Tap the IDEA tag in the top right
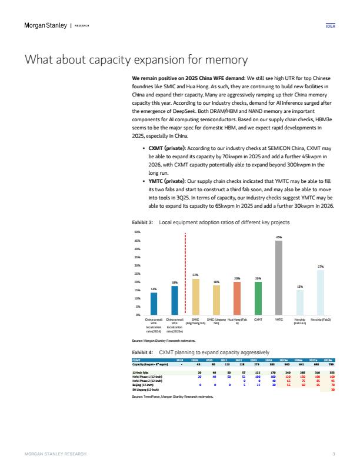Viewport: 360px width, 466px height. (330, 26)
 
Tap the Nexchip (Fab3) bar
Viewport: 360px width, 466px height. (321, 292)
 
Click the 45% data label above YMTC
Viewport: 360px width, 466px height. (279, 238)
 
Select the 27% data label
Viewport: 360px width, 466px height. (321, 267)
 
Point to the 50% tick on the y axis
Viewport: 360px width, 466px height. (139, 233)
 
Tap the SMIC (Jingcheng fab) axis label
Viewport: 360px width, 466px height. (195, 322)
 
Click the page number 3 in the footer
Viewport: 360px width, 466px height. (334, 454)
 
